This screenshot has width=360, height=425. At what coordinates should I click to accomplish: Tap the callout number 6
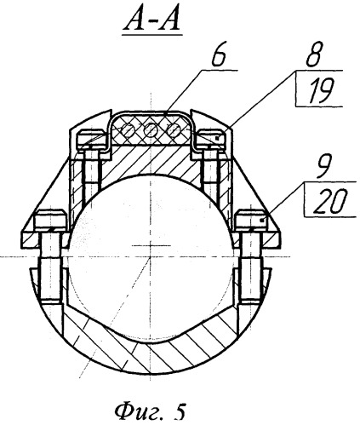[219, 58]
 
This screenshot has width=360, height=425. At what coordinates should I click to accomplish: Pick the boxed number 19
[321, 89]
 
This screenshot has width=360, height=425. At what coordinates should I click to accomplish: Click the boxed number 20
[330, 200]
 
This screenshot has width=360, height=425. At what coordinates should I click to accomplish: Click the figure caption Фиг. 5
[150, 411]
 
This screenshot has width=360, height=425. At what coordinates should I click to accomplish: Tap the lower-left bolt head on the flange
[50, 218]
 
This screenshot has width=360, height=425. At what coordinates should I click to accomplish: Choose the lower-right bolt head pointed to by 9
[252, 218]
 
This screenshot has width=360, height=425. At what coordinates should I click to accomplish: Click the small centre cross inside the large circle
[151, 245]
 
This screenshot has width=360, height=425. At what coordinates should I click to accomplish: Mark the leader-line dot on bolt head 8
[217, 138]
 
